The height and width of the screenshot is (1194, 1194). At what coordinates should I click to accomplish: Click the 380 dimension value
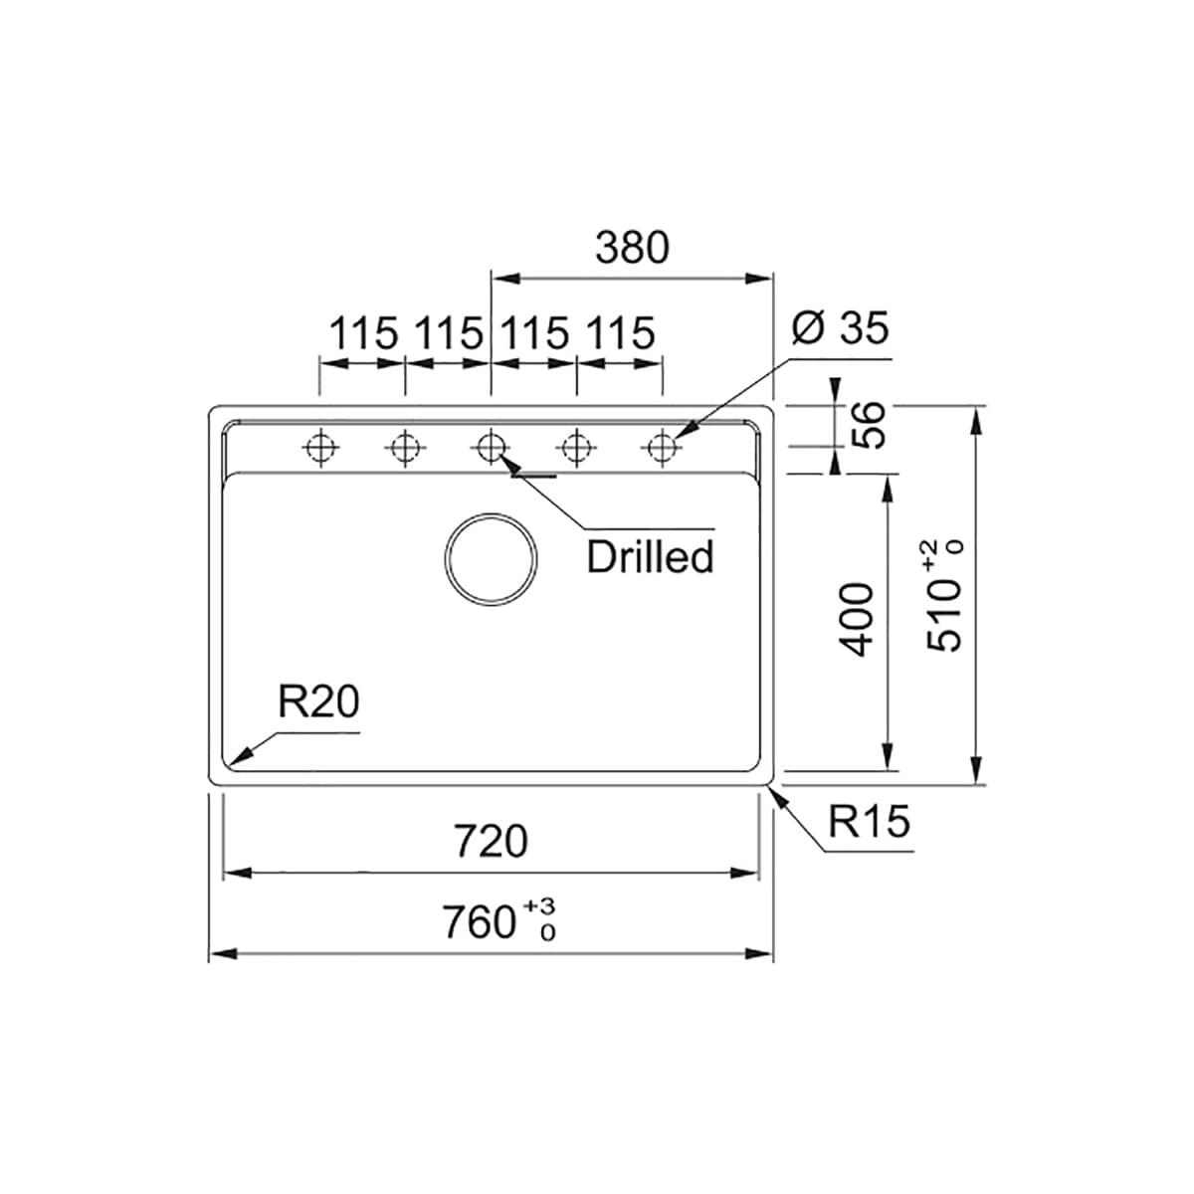pyautogui.click(x=632, y=248)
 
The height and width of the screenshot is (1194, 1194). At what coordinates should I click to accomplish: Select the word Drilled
pyautogui.click(x=650, y=556)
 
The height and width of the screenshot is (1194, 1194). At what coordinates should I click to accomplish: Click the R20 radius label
pyautogui.click(x=318, y=701)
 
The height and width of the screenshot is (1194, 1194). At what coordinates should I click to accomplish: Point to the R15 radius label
pyautogui.click(x=870, y=822)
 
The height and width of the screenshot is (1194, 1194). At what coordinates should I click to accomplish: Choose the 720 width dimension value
pyautogui.click(x=491, y=841)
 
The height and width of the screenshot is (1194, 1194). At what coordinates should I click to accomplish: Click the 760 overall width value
pyautogui.click(x=479, y=922)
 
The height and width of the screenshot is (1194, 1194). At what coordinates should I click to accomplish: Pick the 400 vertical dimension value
pyautogui.click(x=856, y=619)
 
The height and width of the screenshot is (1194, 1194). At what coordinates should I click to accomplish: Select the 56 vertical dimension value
pyautogui.click(x=868, y=425)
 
